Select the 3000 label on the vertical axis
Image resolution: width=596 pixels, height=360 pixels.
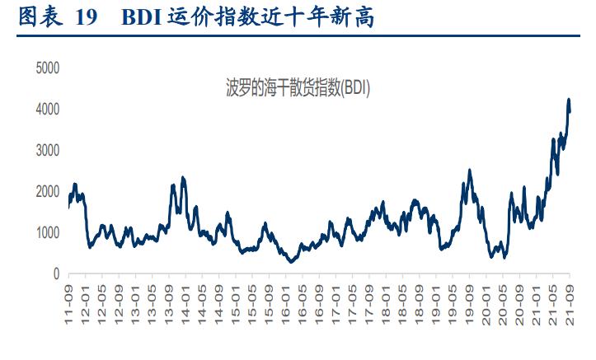[x=47, y=150]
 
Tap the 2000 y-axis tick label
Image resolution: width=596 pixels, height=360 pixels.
[x=47, y=191]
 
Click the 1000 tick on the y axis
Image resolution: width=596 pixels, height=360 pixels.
[x=47, y=232]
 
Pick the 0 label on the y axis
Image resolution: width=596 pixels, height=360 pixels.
[x=55, y=274]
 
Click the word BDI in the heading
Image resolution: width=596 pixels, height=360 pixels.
[x=141, y=17]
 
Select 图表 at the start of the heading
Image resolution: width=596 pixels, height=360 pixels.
[x=38, y=17]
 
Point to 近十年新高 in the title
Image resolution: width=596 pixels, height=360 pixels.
[x=328, y=17]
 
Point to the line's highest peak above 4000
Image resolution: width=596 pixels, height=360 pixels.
[x=568, y=100]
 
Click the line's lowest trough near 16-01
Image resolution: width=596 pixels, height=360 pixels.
[x=291, y=262]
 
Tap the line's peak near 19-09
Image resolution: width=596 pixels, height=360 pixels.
[x=469, y=171]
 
